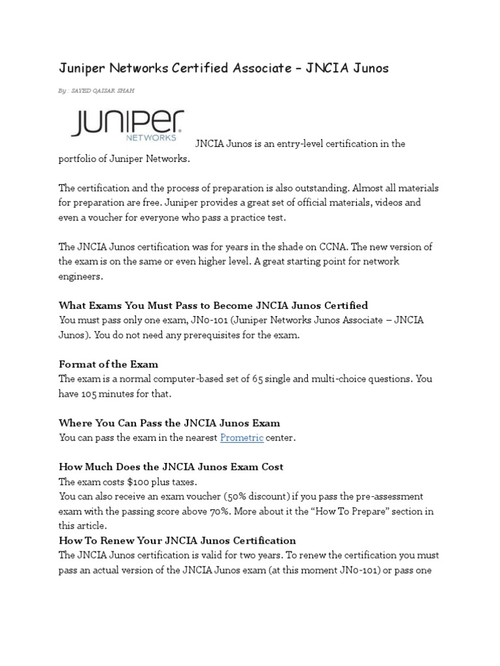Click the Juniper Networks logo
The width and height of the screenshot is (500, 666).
(x=127, y=126)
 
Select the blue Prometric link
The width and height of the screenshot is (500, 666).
(x=242, y=438)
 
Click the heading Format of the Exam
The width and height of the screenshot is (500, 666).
(x=108, y=364)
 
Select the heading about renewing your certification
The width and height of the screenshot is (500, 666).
(x=177, y=540)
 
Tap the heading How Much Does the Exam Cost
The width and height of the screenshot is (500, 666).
(x=171, y=467)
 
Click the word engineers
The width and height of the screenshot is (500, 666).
(x=81, y=276)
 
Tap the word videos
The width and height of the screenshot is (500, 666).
(x=387, y=202)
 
